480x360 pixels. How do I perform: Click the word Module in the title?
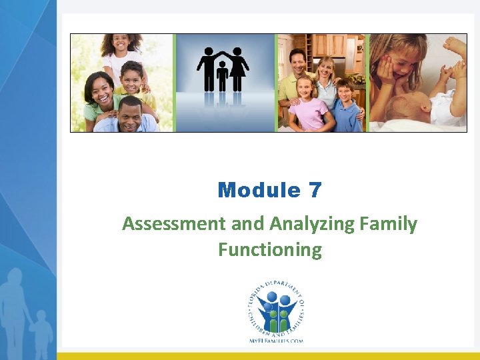(259, 191)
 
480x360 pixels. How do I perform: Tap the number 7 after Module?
(315, 191)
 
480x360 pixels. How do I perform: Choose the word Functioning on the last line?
(269, 250)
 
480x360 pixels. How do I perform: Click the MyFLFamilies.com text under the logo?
(275, 340)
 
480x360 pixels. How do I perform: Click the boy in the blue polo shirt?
(345, 107)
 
